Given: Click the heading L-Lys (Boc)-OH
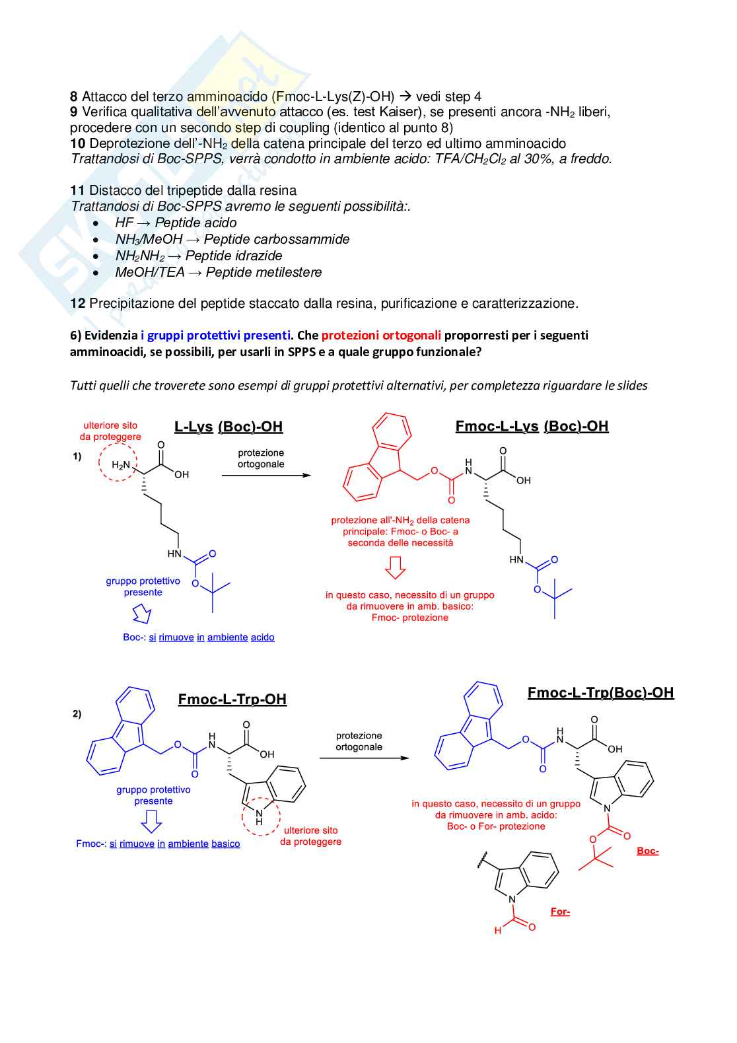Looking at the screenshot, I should coord(228,427).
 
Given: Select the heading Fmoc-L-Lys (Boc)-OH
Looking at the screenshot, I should coord(532,426).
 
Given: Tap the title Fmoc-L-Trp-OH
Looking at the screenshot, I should coord(232,700).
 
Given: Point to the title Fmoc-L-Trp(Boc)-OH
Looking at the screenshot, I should coord(600,693).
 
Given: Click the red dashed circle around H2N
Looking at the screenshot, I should coord(118,462).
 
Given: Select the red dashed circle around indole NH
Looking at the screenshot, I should coord(261,816).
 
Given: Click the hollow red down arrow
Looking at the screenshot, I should coord(395,567).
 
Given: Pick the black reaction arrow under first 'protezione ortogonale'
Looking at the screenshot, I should coord(265,475).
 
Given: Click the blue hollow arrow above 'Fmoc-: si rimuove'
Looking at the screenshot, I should coord(152,822).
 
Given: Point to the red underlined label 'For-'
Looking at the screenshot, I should coord(560,912).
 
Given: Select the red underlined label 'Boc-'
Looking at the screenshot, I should coord(648,851).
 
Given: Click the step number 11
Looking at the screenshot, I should coord(77,191).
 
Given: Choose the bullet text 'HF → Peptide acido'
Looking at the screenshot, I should coord(176,223).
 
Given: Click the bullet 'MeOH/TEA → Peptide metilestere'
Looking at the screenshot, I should coord(219,273).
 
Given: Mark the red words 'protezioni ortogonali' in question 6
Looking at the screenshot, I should coord(382,336).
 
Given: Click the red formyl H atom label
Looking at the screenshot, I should coord(498,931).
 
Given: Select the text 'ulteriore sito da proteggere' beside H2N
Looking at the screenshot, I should coord(111,431).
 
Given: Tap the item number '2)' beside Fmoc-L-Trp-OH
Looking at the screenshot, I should coord(77,714).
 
